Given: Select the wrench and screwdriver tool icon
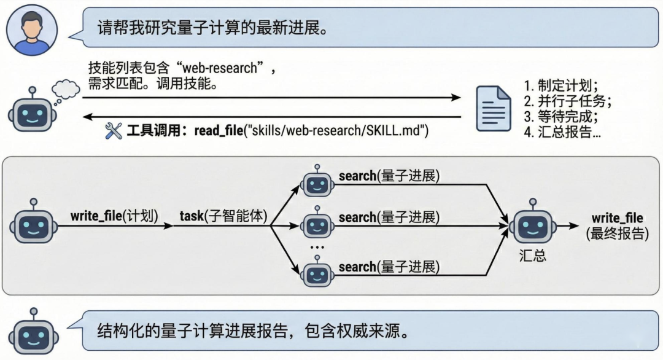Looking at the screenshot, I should click(114, 130).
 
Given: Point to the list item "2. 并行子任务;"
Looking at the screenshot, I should click(568, 101).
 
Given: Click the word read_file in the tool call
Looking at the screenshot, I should click(219, 130).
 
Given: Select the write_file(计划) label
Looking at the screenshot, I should click(115, 216).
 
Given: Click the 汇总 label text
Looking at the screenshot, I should click(532, 256).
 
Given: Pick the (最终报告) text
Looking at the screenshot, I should click(617, 233).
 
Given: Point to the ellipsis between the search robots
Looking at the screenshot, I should click(317, 248).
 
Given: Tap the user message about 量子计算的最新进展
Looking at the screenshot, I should click(209, 28).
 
